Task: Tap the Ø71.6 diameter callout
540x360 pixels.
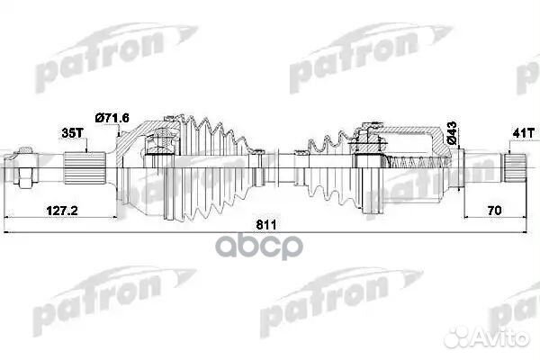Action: (112, 117)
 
